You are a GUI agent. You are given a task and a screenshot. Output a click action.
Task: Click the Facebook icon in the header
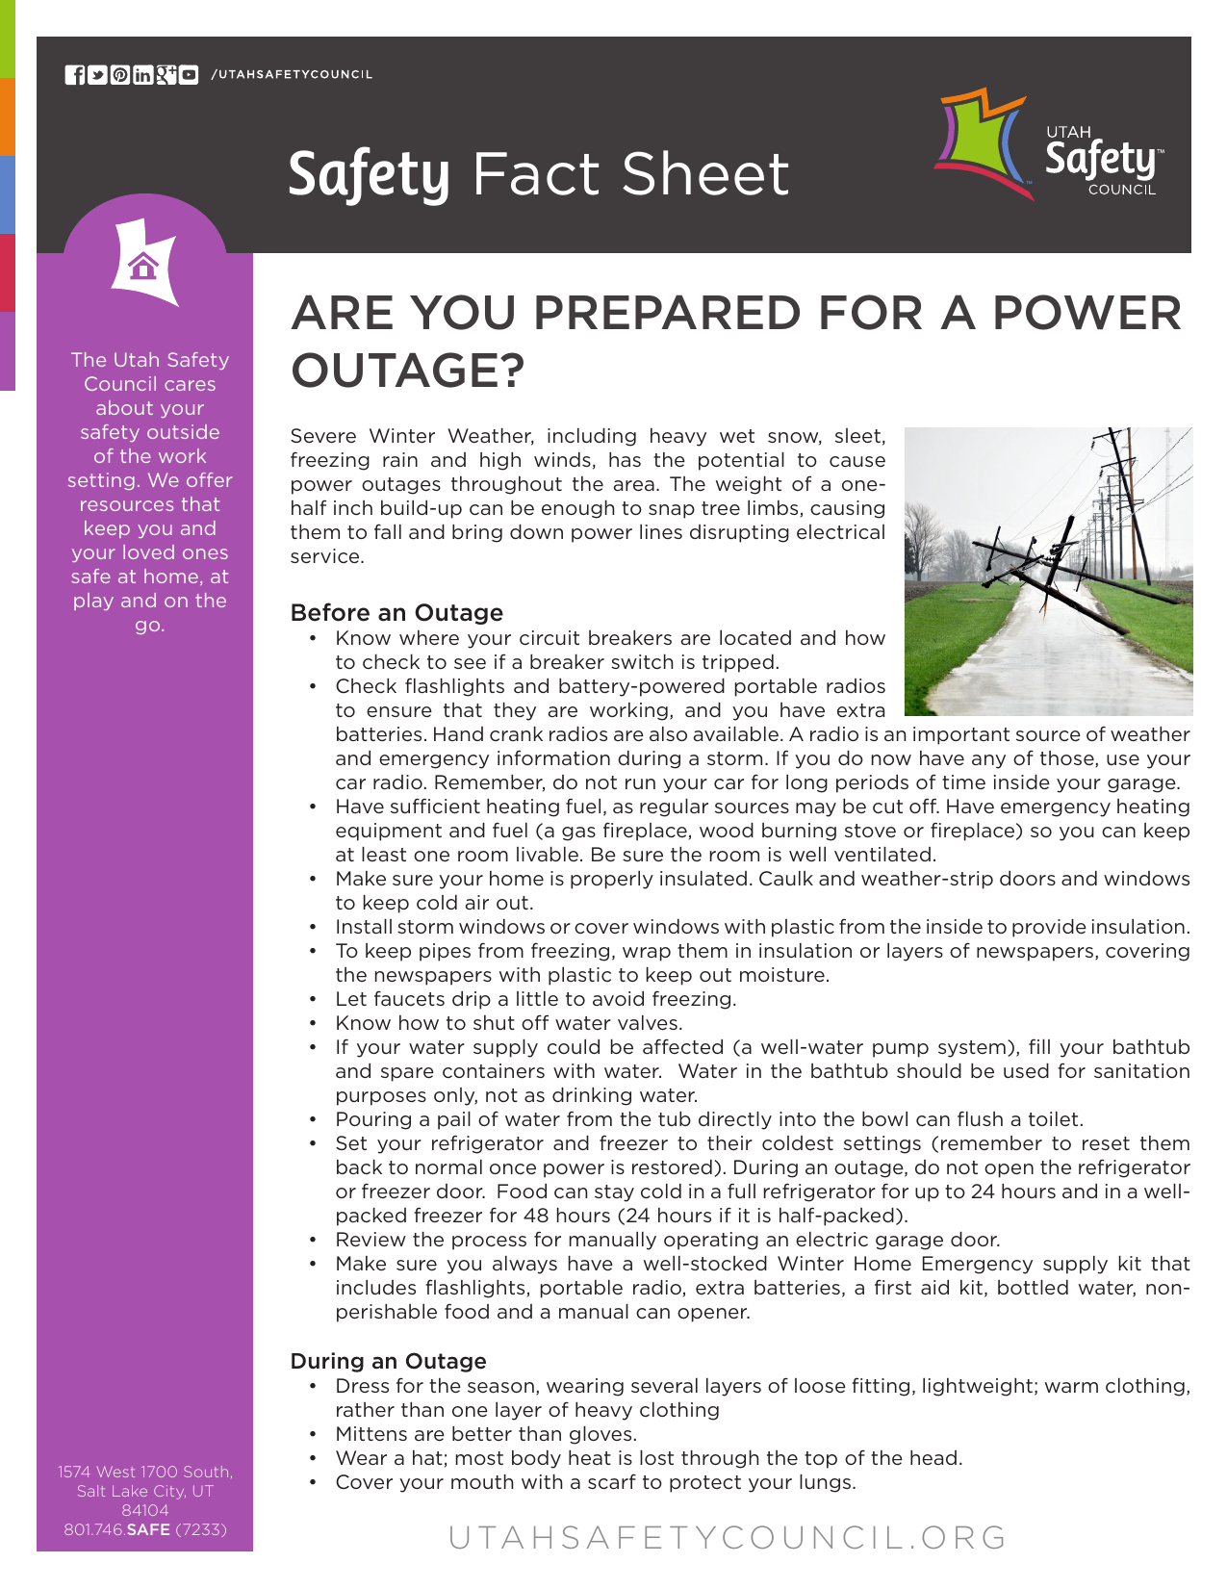pyautogui.click(x=74, y=75)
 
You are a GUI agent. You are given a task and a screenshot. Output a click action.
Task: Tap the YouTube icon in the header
pyautogui.click(x=190, y=75)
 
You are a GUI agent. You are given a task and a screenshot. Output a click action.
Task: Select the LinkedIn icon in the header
pyautogui.click(x=143, y=75)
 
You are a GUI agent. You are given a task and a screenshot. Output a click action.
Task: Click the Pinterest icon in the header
pyautogui.click(x=120, y=75)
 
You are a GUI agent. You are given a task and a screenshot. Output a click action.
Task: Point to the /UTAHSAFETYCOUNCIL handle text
pyautogui.click(x=292, y=75)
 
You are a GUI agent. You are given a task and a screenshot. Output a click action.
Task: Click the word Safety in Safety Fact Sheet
pyautogui.click(x=370, y=175)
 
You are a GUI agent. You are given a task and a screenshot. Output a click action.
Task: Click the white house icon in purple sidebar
pyautogui.click(x=143, y=265)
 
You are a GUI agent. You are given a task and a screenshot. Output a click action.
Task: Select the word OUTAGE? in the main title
pyautogui.click(x=408, y=371)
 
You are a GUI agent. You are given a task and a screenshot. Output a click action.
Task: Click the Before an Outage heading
pyautogui.click(x=396, y=613)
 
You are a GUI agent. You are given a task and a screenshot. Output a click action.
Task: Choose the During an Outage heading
pyautogui.click(x=388, y=1361)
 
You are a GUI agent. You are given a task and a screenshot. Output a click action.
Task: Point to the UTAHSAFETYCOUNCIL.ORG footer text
pyautogui.click(x=728, y=1537)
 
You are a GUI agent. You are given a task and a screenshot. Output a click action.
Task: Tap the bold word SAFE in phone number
pyautogui.click(x=148, y=1529)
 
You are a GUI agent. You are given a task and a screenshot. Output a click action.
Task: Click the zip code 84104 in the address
pyautogui.click(x=145, y=1510)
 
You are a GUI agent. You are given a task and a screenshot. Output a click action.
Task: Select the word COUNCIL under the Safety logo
pyautogui.click(x=1121, y=191)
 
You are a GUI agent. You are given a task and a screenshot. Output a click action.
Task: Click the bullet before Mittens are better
pyautogui.click(x=313, y=1434)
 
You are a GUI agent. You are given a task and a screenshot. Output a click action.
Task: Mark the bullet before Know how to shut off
pyautogui.click(x=313, y=1023)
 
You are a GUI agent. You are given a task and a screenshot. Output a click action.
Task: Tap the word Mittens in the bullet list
pyautogui.click(x=371, y=1434)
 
